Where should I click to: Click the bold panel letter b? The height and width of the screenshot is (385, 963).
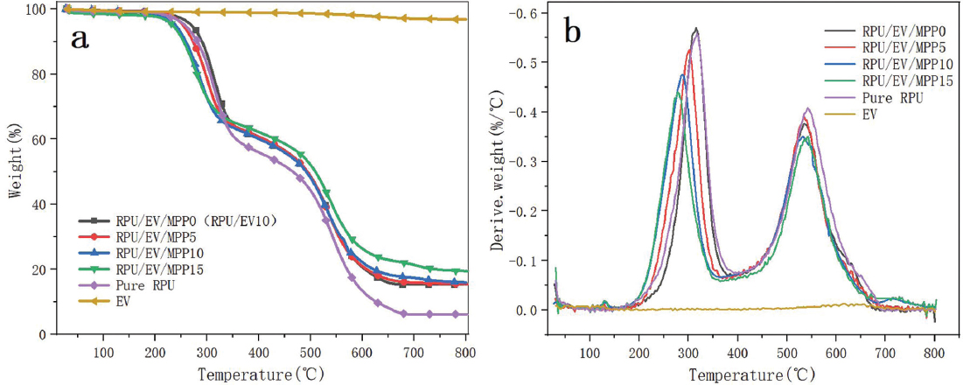[x=575, y=32]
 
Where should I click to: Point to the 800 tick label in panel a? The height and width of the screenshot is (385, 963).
[x=464, y=351]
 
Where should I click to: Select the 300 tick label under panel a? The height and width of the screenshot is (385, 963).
[x=206, y=351]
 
